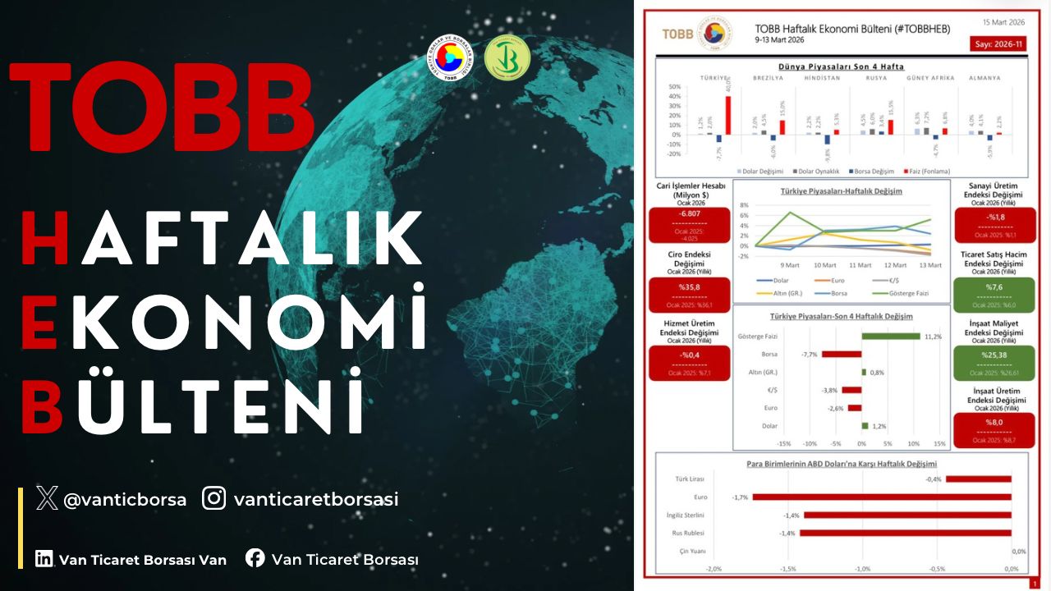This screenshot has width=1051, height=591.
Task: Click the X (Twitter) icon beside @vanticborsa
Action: click(47, 498)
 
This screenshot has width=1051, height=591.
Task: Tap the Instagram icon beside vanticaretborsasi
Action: click(214, 498)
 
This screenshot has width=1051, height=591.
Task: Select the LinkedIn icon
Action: click(44, 559)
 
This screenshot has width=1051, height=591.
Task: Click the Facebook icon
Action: click(255, 558)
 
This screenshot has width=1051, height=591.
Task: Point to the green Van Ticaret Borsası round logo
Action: click(507, 58)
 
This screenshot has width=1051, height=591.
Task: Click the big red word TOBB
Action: click(162, 107)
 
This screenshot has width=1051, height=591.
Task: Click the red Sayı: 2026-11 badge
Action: click(998, 44)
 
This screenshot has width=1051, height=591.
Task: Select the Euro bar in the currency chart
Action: click(881, 497)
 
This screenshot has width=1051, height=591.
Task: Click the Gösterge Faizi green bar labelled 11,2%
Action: click(890, 336)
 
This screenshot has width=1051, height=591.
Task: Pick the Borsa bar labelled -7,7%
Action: click(842, 354)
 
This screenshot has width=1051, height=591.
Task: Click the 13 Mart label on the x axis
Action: click(930, 265)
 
